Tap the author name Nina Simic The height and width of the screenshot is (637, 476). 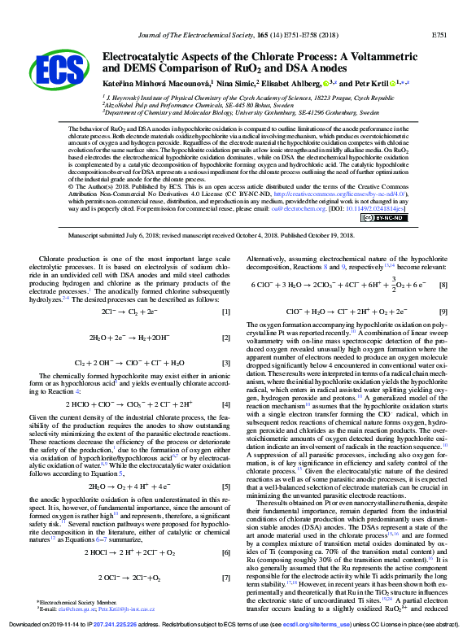tap(234, 84)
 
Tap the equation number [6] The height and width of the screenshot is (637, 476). tap(225, 530)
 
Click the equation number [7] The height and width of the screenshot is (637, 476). tap(225, 556)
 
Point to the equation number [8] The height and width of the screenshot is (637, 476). tap(443, 285)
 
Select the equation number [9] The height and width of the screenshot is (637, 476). tap(443, 312)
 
